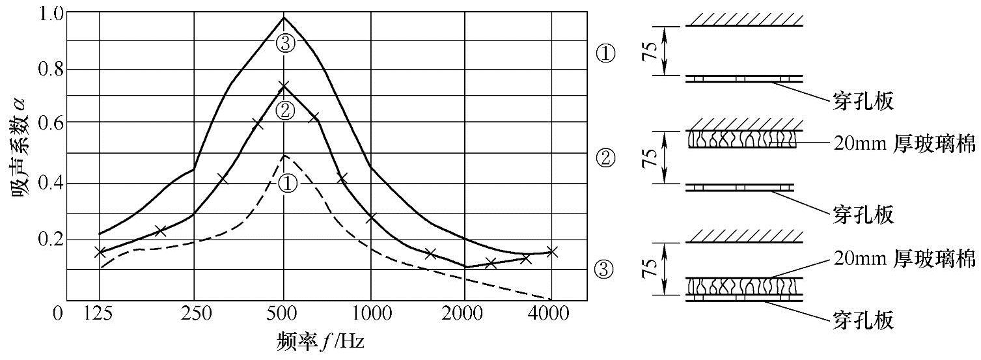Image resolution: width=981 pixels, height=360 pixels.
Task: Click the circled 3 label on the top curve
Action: (285, 44)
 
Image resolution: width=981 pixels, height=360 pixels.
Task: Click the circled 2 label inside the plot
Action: (284, 111)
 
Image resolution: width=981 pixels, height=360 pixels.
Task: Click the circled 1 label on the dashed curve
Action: (287, 184)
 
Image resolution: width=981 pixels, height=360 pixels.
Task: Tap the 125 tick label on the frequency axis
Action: (100, 314)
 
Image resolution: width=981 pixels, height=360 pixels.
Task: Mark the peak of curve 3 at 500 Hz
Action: (284, 17)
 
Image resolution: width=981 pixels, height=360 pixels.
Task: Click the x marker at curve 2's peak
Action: (284, 86)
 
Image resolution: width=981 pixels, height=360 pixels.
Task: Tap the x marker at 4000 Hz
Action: (551, 252)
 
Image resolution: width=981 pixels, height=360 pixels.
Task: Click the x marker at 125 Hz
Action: (100, 253)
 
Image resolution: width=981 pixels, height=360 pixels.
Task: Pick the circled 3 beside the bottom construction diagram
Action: (605, 268)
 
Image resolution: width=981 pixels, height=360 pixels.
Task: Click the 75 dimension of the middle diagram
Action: (649, 157)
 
